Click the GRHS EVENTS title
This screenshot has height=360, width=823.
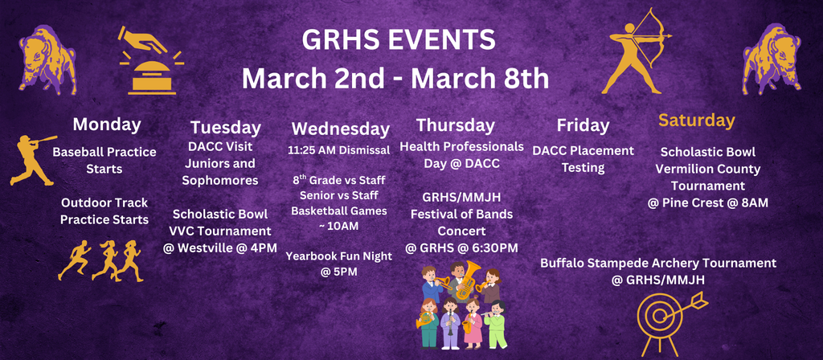(x=395, y=40)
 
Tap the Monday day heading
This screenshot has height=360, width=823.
(x=107, y=125)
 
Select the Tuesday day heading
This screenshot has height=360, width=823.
(x=225, y=128)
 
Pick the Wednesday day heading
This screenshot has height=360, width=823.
(x=340, y=129)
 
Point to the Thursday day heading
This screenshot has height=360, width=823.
(x=456, y=125)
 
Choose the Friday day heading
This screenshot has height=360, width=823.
(x=583, y=125)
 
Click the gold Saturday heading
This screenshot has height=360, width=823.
(x=697, y=121)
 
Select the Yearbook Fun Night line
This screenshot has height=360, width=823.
(x=338, y=256)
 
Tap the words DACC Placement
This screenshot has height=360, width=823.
(x=583, y=150)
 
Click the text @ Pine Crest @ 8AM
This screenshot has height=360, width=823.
(x=707, y=202)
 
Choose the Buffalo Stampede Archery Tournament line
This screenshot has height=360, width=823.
(x=658, y=263)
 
